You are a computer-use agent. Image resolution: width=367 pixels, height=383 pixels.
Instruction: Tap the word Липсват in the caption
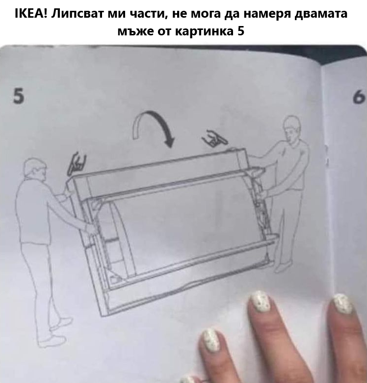pos(79,13)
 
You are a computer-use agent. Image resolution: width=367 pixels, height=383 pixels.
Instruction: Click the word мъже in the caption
pos(134,32)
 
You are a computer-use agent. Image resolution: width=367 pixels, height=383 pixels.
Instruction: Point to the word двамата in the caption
pos(321,13)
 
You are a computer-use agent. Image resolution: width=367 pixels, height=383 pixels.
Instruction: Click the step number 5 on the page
pos(19,96)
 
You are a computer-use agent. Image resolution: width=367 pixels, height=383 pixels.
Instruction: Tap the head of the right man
pos(292,127)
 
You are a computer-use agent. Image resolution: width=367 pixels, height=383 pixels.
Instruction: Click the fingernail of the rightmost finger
pos(342,303)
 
